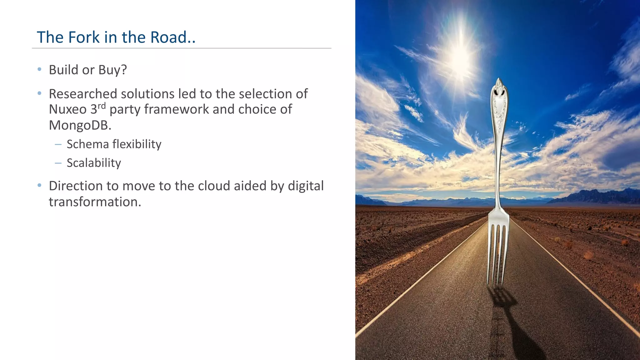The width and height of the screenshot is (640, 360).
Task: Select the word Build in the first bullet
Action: pyautogui.click(x=63, y=70)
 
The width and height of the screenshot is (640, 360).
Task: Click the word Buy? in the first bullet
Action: pyautogui.click(x=112, y=70)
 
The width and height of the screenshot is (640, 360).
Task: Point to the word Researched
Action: pyautogui.click(x=83, y=94)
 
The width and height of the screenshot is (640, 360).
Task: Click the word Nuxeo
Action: pyautogui.click(x=68, y=109)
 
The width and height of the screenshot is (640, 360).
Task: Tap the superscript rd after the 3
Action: pyautogui.click(x=102, y=106)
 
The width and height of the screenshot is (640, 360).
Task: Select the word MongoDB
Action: pyautogui.click(x=80, y=125)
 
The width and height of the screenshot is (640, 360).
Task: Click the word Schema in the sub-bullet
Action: pyautogui.click(x=87, y=144)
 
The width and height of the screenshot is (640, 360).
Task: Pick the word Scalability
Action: pyautogui.click(x=94, y=163)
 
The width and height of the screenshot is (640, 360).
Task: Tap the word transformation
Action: pyautogui.click(x=95, y=202)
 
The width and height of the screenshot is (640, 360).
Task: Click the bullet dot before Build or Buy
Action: pyautogui.click(x=39, y=69)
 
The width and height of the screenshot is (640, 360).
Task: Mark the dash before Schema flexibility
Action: pyautogui.click(x=58, y=144)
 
